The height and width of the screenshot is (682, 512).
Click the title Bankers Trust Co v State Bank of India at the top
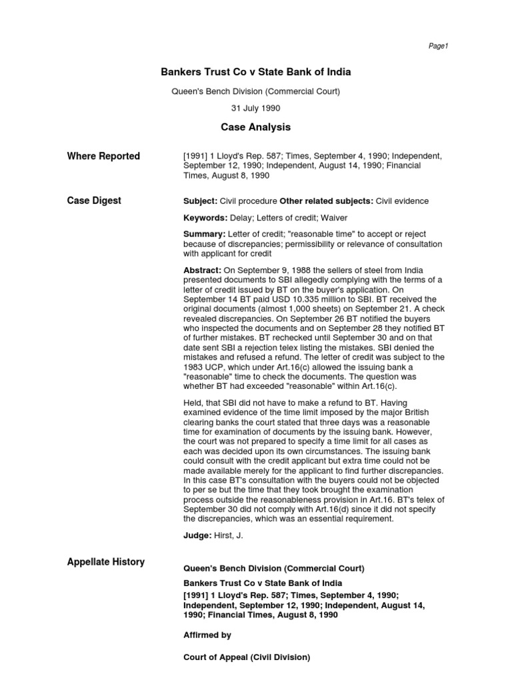[256, 72]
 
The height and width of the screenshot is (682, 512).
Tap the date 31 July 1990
[256, 108]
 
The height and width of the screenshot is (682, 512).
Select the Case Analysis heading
[256, 127]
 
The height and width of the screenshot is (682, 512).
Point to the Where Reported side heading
[103, 157]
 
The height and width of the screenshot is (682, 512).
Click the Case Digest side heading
[94, 200]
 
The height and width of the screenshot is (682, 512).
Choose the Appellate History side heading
[105, 561]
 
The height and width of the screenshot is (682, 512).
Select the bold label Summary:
[205, 234]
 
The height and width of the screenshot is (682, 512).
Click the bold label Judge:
[197, 535]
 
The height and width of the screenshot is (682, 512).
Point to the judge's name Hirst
[225, 535]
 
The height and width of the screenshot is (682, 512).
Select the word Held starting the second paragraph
[193, 404]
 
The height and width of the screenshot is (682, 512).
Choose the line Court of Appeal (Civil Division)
[247, 657]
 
